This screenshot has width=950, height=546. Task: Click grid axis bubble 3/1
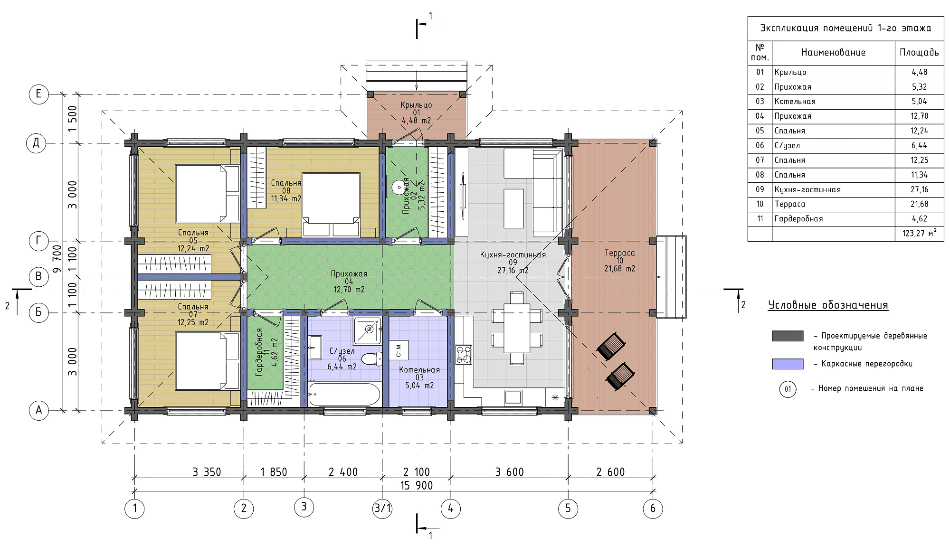point(382,508)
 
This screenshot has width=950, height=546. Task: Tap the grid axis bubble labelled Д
point(36,143)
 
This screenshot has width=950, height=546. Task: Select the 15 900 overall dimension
point(417,485)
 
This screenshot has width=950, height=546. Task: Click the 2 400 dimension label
point(343,472)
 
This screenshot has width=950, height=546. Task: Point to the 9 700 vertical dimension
point(57,259)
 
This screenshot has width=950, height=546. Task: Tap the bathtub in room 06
point(344,394)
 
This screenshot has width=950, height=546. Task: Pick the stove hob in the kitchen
point(464,355)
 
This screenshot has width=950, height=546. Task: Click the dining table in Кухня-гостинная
point(517,328)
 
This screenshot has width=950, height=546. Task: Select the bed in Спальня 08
point(331,205)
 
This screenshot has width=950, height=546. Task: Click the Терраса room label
point(619,253)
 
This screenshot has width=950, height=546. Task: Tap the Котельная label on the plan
point(419,370)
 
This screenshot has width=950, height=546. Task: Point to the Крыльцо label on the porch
point(416,105)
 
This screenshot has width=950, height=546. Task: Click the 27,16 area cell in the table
point(919,189)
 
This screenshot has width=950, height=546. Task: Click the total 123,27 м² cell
point(920,233)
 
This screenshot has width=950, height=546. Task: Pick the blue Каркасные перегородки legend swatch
point(788,364)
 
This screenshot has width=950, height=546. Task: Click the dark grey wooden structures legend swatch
point(788,336)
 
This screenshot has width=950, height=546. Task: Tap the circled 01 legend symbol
point(788,389)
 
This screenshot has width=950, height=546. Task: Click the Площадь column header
point(919,52)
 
